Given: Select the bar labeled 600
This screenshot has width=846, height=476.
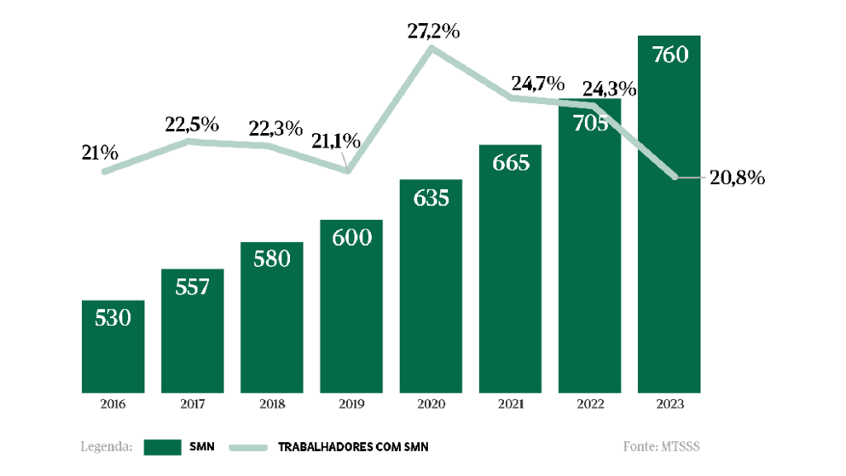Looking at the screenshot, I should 351,307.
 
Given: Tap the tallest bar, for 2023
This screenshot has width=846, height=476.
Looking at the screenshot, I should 669,213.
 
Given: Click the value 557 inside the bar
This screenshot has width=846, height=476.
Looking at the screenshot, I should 192,287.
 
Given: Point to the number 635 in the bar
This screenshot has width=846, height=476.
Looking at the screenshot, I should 431,198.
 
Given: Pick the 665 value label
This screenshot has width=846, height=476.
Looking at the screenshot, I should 510,163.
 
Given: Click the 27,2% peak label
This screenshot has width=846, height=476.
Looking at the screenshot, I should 433,32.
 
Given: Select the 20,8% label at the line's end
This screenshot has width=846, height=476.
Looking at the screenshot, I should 737,178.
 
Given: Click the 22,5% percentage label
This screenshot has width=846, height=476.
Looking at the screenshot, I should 192,125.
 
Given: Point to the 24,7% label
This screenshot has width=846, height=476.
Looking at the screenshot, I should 537,84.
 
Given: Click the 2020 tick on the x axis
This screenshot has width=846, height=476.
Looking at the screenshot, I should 431,403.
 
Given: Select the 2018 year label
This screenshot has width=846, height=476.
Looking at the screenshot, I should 271,403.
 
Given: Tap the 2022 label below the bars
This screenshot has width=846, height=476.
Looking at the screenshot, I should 589,403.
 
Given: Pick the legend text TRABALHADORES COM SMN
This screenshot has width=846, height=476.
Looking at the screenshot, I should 359,447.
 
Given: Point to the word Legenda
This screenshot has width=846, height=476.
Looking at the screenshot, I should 106,446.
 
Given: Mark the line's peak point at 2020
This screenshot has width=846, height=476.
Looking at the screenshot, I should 432,48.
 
